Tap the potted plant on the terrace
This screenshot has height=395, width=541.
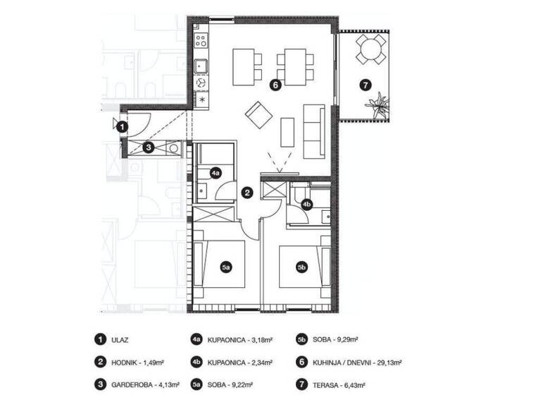point(378,104)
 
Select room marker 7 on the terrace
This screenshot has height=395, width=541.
point(364,85)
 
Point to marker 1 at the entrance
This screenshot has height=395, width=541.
point(122,127)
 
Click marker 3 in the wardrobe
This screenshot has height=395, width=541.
point(148,147)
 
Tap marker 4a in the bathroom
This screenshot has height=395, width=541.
point(217,172)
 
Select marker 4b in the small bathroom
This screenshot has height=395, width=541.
point(306,205)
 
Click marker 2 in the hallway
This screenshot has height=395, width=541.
point(247,191)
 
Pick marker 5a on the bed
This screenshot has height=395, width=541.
point(226,267)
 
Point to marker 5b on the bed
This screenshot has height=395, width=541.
point(301,267)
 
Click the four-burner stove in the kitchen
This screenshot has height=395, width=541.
point(201,40)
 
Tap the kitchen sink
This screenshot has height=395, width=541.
point(201,66)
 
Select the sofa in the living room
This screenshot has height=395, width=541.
point(313,132)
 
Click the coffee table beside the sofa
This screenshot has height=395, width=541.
point(288,132)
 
